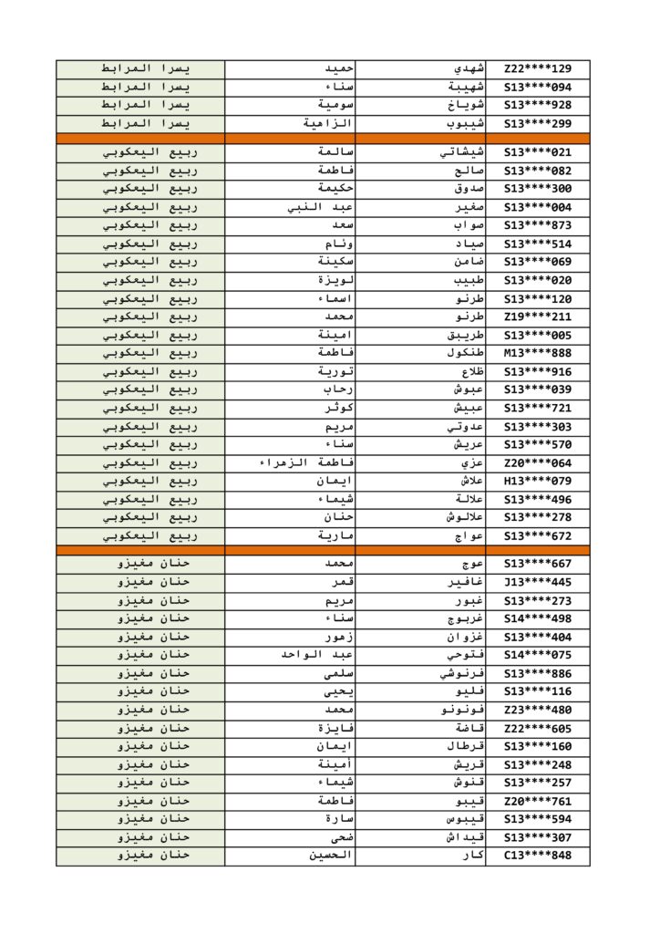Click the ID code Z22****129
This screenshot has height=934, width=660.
(x=537, y=68)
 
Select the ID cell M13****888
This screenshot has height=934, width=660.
(x=537, y=353)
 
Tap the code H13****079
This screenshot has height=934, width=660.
(x=537, y=481)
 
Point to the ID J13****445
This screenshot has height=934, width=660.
(x=537, y=582)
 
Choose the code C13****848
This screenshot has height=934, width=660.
(x=537, y=856)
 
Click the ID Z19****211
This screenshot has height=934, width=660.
(x=537, y=317)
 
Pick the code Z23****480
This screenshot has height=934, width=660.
(x=537, y=710)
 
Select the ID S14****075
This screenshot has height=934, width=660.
(x=537, y=655)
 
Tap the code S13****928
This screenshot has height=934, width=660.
(x=537, y=105)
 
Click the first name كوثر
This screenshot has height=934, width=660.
(x=338, y=408)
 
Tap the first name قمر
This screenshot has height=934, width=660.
(x=341, y=582)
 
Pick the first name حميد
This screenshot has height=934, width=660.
(x=339, y=68)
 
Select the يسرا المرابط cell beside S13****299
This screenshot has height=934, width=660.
(x=140, y=123)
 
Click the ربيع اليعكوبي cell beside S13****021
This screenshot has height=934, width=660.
(x=140, y=152)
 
